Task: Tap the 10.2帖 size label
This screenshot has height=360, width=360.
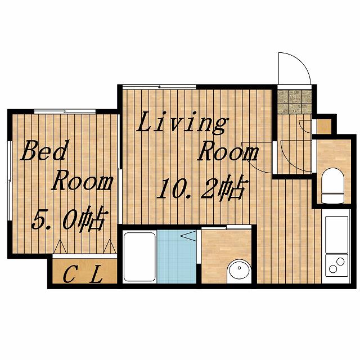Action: tap(202, 187)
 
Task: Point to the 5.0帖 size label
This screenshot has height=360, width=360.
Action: tap(70, 219)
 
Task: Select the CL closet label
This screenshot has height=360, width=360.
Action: tap(83, 274)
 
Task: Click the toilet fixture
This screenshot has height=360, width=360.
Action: tap(332, 186)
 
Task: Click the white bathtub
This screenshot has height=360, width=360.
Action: tap(139, 256)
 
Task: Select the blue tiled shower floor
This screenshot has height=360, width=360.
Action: tap(177, 256)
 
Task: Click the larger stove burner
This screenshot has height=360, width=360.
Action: tap(340, 262)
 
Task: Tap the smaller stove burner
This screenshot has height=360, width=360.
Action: tap(332, 269)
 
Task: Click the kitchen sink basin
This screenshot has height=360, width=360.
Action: tap(337, 234)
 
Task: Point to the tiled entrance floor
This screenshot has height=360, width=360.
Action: tap(295, 101)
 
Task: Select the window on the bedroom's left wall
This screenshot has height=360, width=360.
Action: tap(10, 181)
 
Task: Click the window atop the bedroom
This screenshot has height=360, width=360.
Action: tap(65, 111)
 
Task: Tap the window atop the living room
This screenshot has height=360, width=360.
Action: tap(159, 87)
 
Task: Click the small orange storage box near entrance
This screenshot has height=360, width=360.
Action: tap(324, 126)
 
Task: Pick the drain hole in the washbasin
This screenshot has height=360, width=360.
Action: tap(239, 268)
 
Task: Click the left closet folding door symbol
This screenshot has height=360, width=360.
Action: tap(60, 246)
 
